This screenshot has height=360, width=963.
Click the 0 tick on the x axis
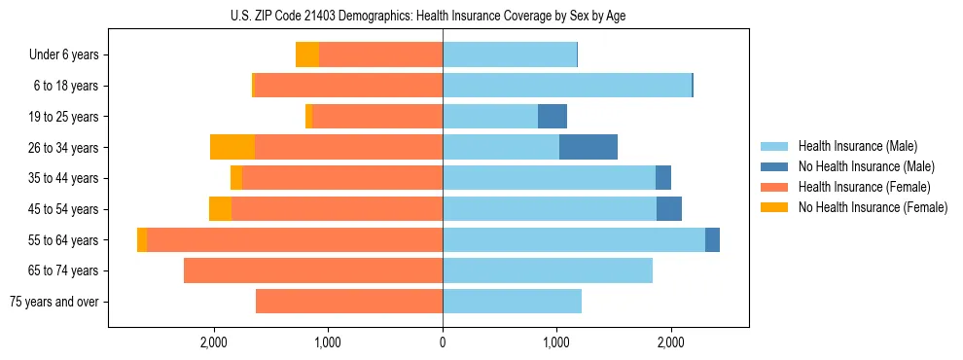coord(443,342)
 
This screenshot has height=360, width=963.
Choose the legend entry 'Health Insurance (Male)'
coord(857,146)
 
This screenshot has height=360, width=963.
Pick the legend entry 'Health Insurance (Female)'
coord(864,187)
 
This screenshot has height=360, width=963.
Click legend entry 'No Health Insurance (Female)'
coord(873,207)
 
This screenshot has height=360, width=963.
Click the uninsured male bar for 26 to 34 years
coord(588,147)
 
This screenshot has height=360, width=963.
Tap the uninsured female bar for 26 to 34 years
coord(232,147)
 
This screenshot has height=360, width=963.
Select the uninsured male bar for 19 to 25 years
coord(553,117)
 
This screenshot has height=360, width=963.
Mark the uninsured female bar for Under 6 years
coord(307,55)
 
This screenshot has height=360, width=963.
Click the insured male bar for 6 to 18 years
coord(567,86)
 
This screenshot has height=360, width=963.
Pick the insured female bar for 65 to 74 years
coord(313,270)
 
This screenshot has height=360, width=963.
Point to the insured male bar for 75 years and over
coord(512,302)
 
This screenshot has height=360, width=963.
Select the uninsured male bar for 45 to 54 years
coord(669,209)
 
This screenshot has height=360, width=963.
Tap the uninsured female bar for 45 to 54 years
coord(221,209)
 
